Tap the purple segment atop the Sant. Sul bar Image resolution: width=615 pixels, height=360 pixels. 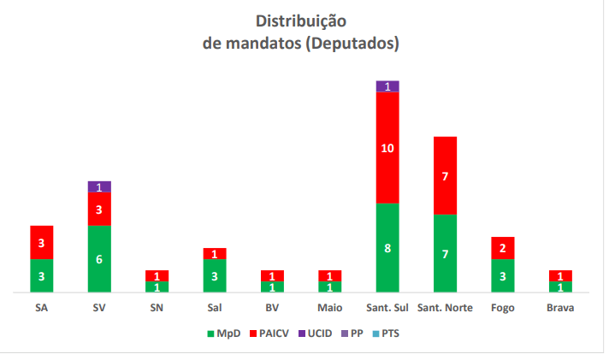387,86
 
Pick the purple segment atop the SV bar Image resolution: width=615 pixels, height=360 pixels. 99,186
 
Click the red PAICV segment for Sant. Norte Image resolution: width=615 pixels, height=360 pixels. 445,175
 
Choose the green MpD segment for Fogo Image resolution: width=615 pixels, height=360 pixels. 502,275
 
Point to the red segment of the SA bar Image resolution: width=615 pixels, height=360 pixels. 42,242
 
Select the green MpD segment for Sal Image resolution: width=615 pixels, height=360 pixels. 215,275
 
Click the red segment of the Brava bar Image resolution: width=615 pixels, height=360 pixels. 559,275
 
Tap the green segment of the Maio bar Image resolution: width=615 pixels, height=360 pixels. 330,287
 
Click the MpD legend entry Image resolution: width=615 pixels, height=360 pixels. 222,333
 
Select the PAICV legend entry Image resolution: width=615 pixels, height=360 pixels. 270,333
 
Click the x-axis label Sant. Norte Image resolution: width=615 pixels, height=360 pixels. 445,308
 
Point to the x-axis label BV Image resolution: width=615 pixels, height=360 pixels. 272,308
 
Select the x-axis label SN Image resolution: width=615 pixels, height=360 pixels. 157,308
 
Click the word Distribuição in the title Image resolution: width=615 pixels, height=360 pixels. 301,21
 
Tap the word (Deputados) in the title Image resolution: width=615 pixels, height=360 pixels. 354,41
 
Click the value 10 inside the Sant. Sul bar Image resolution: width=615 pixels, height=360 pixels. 387,147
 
